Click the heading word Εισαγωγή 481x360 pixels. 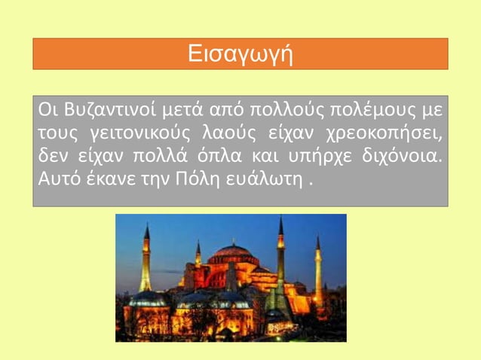(240, 54)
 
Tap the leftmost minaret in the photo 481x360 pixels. (146, 264)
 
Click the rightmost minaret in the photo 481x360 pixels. (318, 271)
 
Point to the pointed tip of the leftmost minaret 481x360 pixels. (146, 224)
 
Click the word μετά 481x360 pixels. (181, 113)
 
